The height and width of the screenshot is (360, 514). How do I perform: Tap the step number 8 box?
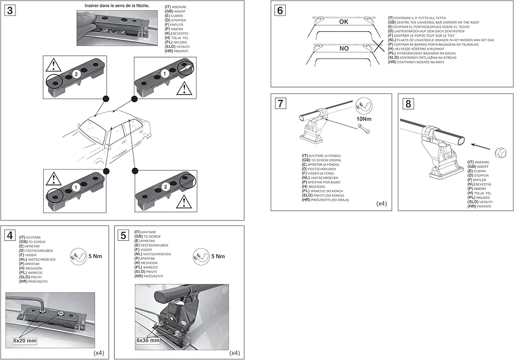pos(408,104)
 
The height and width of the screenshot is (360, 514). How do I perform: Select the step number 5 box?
pos(123,236)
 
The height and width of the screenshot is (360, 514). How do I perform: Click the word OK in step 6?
pos(343,22)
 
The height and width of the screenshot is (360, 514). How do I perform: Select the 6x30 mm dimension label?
pos(148,340)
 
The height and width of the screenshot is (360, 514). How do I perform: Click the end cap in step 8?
pos(498,153)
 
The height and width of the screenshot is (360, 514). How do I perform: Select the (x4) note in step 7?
pos(381,204)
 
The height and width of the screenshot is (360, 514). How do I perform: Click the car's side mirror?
pos(107,146)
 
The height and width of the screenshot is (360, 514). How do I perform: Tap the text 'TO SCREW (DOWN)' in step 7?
pos(327,160)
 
